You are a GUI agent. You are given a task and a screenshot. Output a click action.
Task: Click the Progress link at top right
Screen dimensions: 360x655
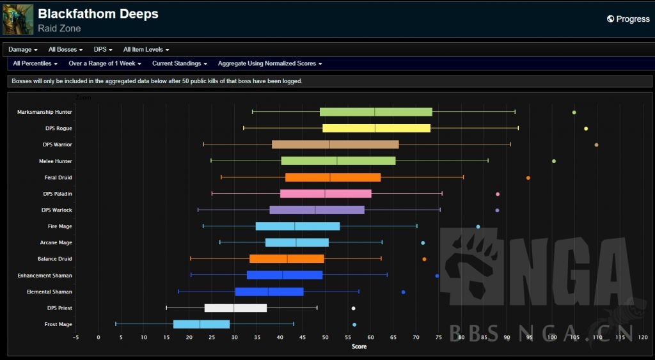628,19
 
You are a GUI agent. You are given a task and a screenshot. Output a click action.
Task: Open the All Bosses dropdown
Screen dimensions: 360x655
65,49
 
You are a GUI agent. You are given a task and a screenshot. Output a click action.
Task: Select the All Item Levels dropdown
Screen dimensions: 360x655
146,49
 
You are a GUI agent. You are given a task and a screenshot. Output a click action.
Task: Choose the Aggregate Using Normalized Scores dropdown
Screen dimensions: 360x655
269,63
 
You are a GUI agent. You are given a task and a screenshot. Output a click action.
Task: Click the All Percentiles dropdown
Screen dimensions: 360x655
35,63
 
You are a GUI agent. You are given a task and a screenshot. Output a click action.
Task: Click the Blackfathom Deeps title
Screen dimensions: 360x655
98,13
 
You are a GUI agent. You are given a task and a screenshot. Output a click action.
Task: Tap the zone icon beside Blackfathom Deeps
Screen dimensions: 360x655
18,19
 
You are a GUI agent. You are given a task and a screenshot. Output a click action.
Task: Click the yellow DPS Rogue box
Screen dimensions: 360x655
376,129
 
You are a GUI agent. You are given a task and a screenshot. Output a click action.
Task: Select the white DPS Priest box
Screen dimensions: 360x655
235,308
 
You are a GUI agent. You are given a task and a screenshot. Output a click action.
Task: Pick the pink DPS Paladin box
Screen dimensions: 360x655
326,194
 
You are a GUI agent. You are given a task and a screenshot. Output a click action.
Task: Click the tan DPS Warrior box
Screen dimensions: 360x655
335,145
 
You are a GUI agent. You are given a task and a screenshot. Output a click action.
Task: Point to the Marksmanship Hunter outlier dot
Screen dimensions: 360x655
574,113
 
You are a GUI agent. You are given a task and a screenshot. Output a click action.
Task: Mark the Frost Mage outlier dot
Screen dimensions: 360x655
354,325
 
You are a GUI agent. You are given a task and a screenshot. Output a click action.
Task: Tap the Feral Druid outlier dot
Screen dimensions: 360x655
528,178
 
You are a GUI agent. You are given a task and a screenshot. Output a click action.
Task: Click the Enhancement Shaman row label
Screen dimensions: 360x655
45,276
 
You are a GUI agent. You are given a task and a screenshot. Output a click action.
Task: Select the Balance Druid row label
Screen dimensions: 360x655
54,259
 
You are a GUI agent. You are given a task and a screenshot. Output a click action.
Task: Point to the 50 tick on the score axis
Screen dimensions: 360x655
325,337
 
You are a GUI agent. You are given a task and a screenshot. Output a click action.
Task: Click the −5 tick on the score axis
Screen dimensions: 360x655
75,337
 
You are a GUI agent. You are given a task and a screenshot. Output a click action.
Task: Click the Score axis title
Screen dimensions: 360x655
359,347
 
